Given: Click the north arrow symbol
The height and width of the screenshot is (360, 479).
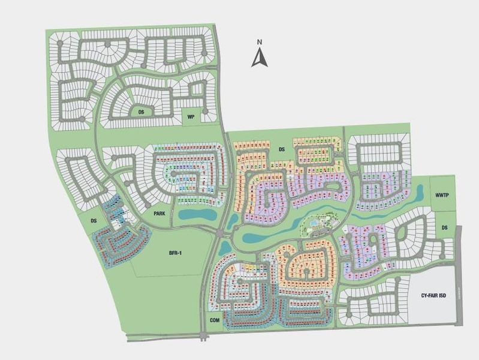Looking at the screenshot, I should [259, 58].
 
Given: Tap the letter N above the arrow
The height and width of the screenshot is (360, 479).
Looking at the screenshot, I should [259, 42].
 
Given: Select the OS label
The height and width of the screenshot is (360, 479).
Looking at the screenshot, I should [141, 112].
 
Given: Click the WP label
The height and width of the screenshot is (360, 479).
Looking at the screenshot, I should [191, 116].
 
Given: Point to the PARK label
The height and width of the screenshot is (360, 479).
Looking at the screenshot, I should [158, 213].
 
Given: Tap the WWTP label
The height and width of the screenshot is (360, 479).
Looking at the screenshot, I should [442, 196].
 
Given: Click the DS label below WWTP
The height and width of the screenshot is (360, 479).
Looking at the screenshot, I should [444, 227].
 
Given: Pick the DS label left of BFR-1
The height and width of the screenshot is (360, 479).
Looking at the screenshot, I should [94, 221].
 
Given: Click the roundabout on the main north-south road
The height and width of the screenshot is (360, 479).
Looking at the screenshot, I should [222, 231].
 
